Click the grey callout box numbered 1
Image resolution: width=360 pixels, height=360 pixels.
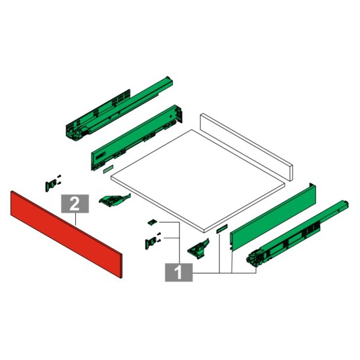179,272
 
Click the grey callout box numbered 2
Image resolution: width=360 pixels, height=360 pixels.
75,204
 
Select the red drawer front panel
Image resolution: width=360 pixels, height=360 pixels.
66,234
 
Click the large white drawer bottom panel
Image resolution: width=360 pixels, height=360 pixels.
198,181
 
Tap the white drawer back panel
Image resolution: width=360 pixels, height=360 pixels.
246,146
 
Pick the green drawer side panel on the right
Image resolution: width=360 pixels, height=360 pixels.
273,216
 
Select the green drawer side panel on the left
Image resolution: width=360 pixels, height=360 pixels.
137,137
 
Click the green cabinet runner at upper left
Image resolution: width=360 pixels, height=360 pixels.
119,108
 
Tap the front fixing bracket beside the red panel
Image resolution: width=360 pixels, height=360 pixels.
52,184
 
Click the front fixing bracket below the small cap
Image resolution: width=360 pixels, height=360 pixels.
153,241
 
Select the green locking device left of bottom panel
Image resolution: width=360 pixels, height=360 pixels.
115,200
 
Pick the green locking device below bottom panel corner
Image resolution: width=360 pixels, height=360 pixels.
198,249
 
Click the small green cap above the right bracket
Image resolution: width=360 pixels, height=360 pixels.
153,222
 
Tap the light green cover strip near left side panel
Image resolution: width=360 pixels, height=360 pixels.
108,170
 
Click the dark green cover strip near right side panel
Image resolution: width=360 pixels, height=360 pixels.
221,228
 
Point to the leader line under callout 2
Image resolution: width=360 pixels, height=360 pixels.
75,219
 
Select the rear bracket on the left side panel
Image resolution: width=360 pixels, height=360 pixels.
179,114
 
